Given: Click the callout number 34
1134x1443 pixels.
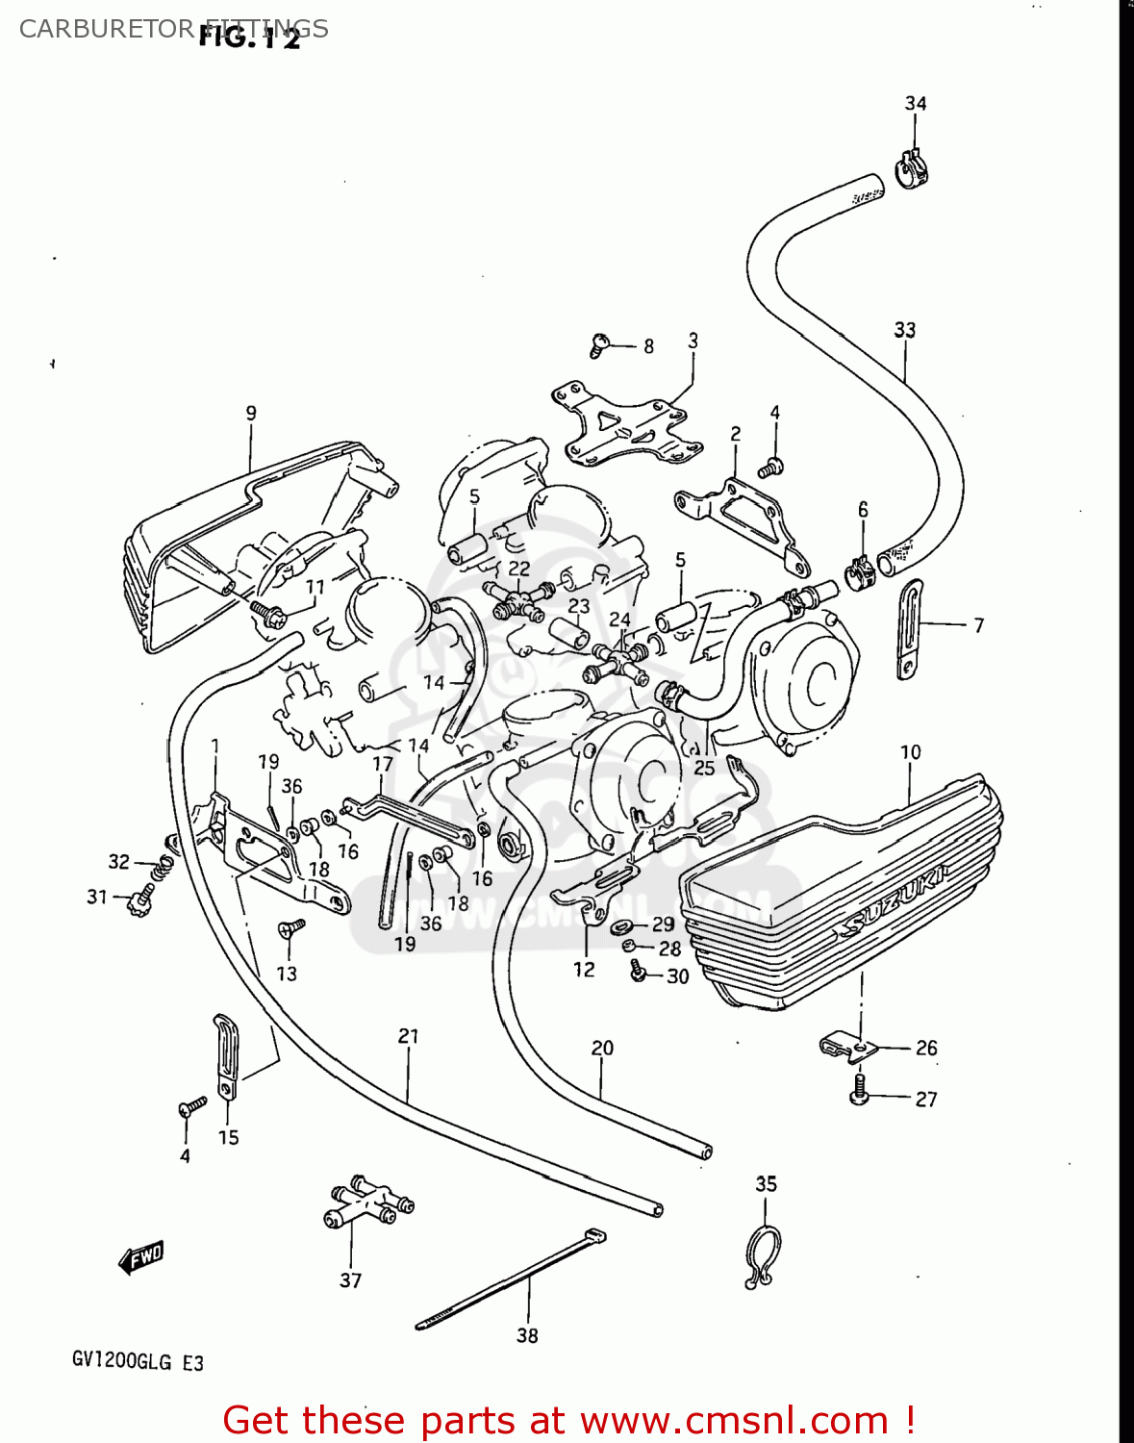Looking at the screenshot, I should (x=915, y=104).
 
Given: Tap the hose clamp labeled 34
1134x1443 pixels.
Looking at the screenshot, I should (x=912, y=169).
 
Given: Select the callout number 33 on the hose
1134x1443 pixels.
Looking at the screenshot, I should (x=904, y=330).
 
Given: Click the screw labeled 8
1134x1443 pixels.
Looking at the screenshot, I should (x=600, y=343).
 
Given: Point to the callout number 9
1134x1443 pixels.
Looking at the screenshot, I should (x=251, y=414).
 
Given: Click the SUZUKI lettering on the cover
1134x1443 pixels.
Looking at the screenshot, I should (x=893, y=899).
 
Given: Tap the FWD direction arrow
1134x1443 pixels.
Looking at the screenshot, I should (x=141, y=1256).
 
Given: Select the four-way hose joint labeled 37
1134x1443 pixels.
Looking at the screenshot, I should (x=365, y=1203).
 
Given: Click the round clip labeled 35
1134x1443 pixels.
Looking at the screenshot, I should (x=764, y=1255).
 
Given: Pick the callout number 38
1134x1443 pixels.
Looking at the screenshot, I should (x=527, y=1335).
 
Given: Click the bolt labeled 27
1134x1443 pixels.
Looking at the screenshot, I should (x=859, y=1090).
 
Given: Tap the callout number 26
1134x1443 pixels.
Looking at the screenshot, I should (x=925, y=1048).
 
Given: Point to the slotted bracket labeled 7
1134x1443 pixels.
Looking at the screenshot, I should (x=909, y=628).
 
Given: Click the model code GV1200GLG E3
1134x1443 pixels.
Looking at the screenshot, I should (x=138, y=1362).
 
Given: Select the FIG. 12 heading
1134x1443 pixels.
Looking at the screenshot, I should (x=249, y=37).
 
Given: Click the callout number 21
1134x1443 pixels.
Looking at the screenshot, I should (x=409, y=1036).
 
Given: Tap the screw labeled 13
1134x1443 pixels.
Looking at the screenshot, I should (x=290, y=928).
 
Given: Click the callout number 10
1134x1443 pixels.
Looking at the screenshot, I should (x=910, y=752).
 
